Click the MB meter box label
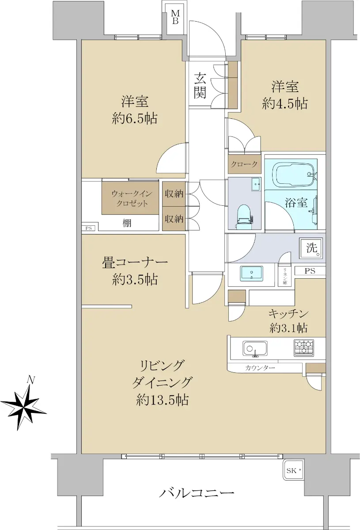coord(175,17)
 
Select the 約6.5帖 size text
coord(135,118)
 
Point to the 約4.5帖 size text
coord(285,103)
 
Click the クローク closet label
coord(244,164)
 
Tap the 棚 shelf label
coord(127,223)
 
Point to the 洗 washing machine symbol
coord(311,248)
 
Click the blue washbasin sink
coord(251,273)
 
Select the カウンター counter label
coord(260,368)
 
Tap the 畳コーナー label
coord(135,263)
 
